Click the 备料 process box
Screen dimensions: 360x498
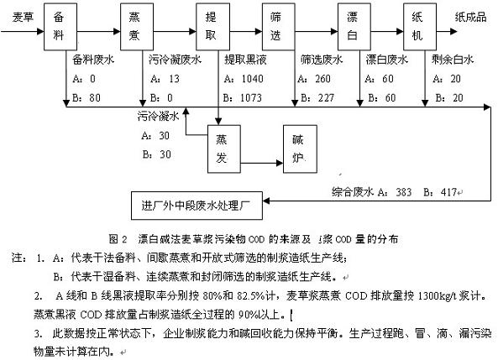point(57,29)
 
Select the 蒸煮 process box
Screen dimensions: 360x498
point(136,29)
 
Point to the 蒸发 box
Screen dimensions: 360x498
point(222,148)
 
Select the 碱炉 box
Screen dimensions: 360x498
point(297,148)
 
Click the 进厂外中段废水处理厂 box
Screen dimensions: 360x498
point(200,203)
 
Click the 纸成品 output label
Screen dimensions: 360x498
point(470,16)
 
